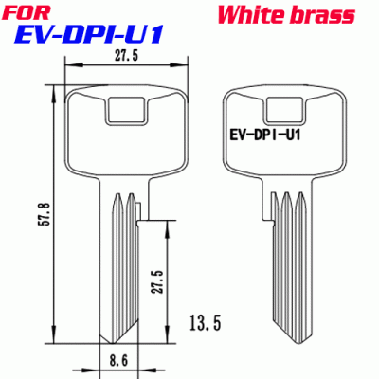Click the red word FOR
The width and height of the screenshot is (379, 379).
coord(28,13)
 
